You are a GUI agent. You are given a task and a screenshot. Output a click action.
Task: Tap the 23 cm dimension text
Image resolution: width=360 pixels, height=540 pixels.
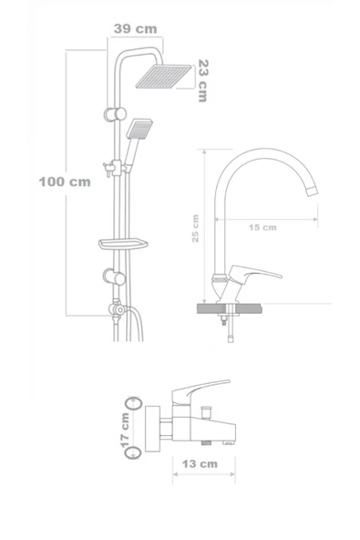202,80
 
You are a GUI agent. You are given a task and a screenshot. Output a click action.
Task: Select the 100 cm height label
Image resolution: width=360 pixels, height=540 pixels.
64,181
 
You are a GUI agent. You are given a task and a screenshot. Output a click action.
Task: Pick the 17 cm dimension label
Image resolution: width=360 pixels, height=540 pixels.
125,426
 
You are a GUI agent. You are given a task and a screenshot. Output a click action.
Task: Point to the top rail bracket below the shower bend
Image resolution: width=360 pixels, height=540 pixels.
113,114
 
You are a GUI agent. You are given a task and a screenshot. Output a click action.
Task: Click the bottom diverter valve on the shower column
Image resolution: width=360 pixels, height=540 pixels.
115,310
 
